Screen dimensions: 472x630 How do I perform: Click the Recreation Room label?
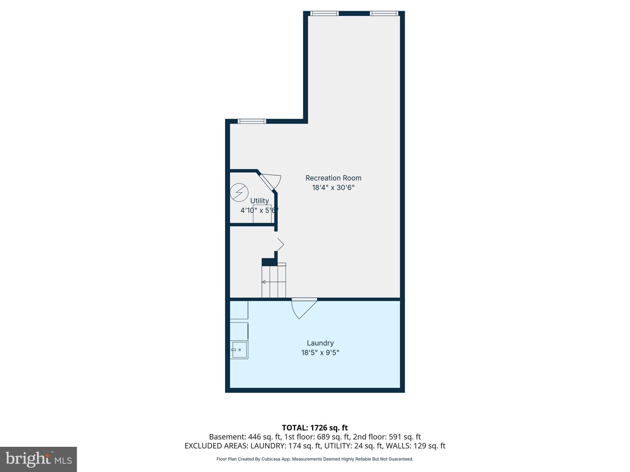333,178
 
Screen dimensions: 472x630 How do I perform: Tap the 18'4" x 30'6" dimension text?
333,187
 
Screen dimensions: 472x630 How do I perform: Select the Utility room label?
259,201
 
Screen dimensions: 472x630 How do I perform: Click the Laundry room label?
320,343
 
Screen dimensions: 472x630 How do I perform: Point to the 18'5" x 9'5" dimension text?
320,352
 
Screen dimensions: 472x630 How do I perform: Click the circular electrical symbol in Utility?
239,192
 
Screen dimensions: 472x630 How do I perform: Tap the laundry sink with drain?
239,350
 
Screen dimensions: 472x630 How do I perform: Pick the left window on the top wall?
324,13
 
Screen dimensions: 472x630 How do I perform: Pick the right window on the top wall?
384,13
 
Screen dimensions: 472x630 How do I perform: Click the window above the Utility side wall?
252,121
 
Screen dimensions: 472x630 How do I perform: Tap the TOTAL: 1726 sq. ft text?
315,428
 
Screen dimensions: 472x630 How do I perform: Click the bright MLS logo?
38,459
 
